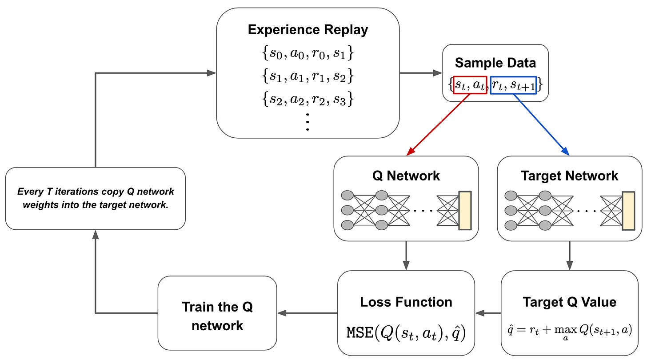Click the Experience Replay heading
pyautogui.click(x=308, y=30)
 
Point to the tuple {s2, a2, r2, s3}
pyautogui.click(x=308, y=99)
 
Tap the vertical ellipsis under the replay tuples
pyautogui.click(x=308, y=121)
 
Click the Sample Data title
pyautogui.click(x=495, y=62)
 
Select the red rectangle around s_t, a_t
pyautogui.click(x=470, y=84)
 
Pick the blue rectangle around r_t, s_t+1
pyautogui.click(x=513, y=84)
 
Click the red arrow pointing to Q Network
pyautogui.click(x=438, y=125)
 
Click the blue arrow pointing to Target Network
pyautogui.click(x=541, y=125)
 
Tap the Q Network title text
pyautogui.click(x=406, y=175)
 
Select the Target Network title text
pyautogui.click(x=569, y=175)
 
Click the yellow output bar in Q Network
pyautogui.click(x=464, y=210)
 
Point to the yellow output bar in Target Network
pyautogui.click(x=628, y=210)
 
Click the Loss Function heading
pyautogui.click(x=406, y=302)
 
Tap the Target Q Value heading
pyautogui.click(x=569, y=302)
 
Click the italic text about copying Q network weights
pyautogui.click(x=95, y=198)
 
